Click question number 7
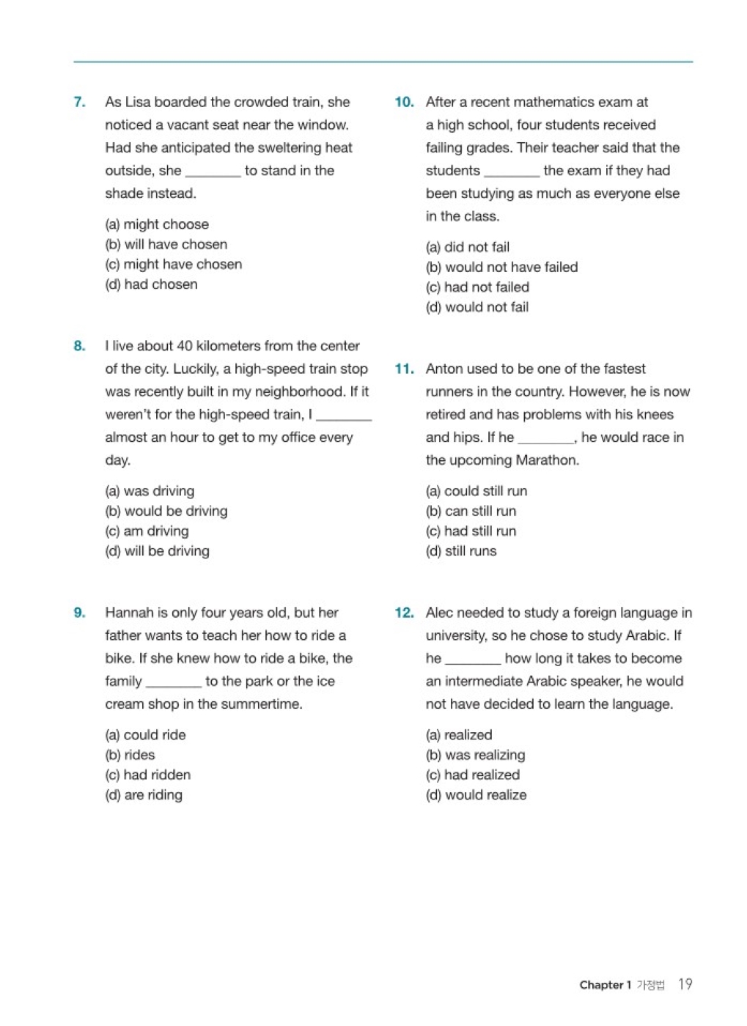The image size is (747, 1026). click(x=79, y=102)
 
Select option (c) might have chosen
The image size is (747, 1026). click(x=173, y=265)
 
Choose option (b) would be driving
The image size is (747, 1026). click(x=166, y=511)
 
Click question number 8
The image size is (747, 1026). click(x=79, y=346)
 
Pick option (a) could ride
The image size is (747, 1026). click(x=145, y=734)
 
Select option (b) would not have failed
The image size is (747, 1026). click(x=501, y=267)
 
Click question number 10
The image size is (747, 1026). click(x=404, y=102)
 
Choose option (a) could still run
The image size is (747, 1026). click(x=476, y=491)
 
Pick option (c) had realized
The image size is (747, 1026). click(x=473, y=775)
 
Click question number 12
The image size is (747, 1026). click(x=404, y=613)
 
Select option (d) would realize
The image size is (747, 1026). click(x=476, y=794)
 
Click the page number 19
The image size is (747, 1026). click(x=685, y=984)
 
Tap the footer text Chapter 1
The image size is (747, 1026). click(x=605, y=985)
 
